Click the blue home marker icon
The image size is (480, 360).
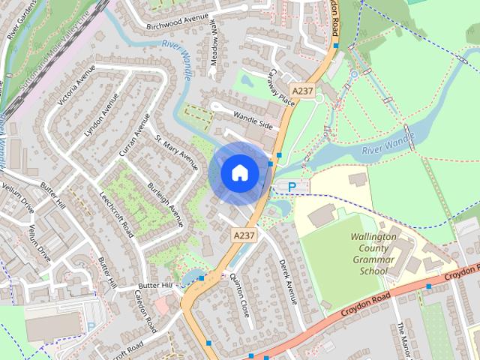238,172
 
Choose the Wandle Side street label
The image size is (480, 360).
253,119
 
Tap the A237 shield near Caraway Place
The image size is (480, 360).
303,91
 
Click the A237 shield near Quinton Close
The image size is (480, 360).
244,235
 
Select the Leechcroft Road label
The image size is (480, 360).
116,213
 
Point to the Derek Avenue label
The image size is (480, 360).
288,281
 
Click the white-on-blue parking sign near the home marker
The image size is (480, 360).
301,186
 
